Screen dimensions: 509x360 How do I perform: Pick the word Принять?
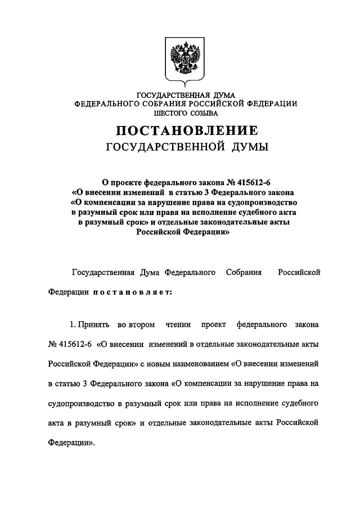click(94, 325)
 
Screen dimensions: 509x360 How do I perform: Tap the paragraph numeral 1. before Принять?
click(73, 325)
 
